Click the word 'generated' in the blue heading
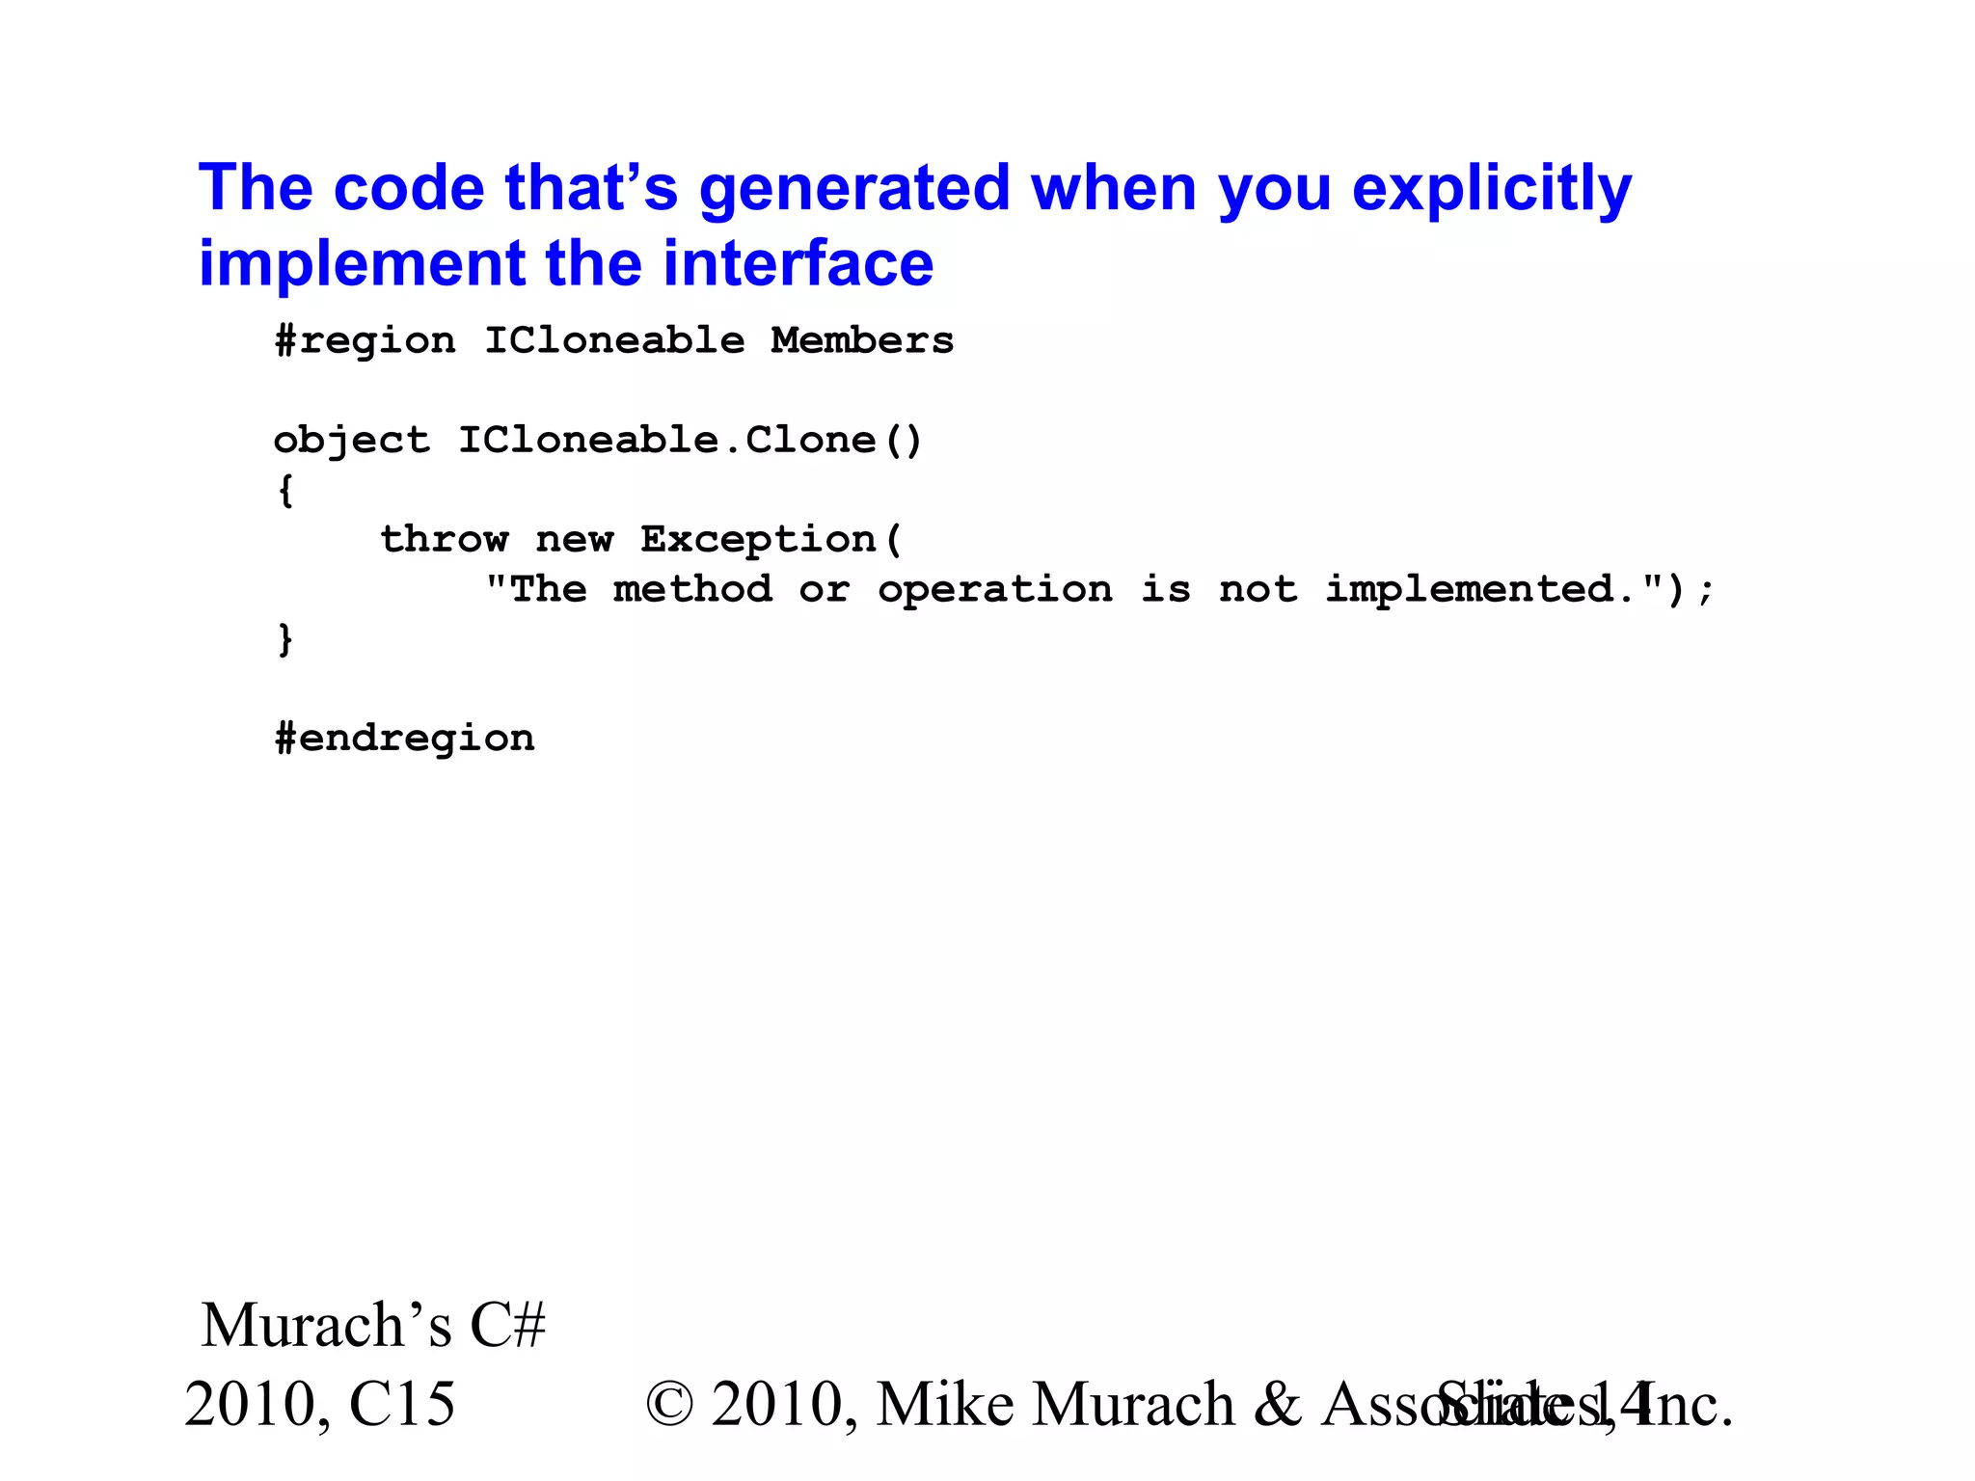pos(854,189)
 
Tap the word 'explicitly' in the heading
pos(1491,189)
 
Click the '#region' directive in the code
pos(365,340)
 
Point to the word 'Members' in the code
pos(862,340)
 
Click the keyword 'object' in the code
pos(351,441)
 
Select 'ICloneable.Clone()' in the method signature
pos(690,441)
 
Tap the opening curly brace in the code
pos(285,491)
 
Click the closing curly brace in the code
pos(285,639)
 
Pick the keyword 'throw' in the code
pos(444,539)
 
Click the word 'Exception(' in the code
pos(771,539)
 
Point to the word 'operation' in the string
pos(994,589)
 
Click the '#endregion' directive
pos(404,739)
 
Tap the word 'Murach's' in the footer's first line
pos(326,1325)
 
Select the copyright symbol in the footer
pos(669,1404)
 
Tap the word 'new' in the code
pos(574,539)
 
